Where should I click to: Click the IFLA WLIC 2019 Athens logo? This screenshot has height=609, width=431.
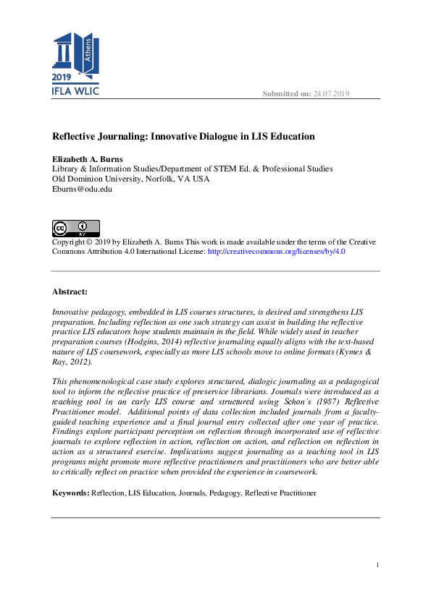[75, 64]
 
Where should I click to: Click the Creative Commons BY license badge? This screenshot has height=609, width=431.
[75, 229]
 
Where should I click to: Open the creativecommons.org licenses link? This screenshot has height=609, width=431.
[276, 252]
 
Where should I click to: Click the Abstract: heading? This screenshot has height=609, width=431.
[70, 291]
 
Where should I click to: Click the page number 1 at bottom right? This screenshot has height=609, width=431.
[378, 564]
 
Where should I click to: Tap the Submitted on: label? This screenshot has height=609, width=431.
[286, 94]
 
